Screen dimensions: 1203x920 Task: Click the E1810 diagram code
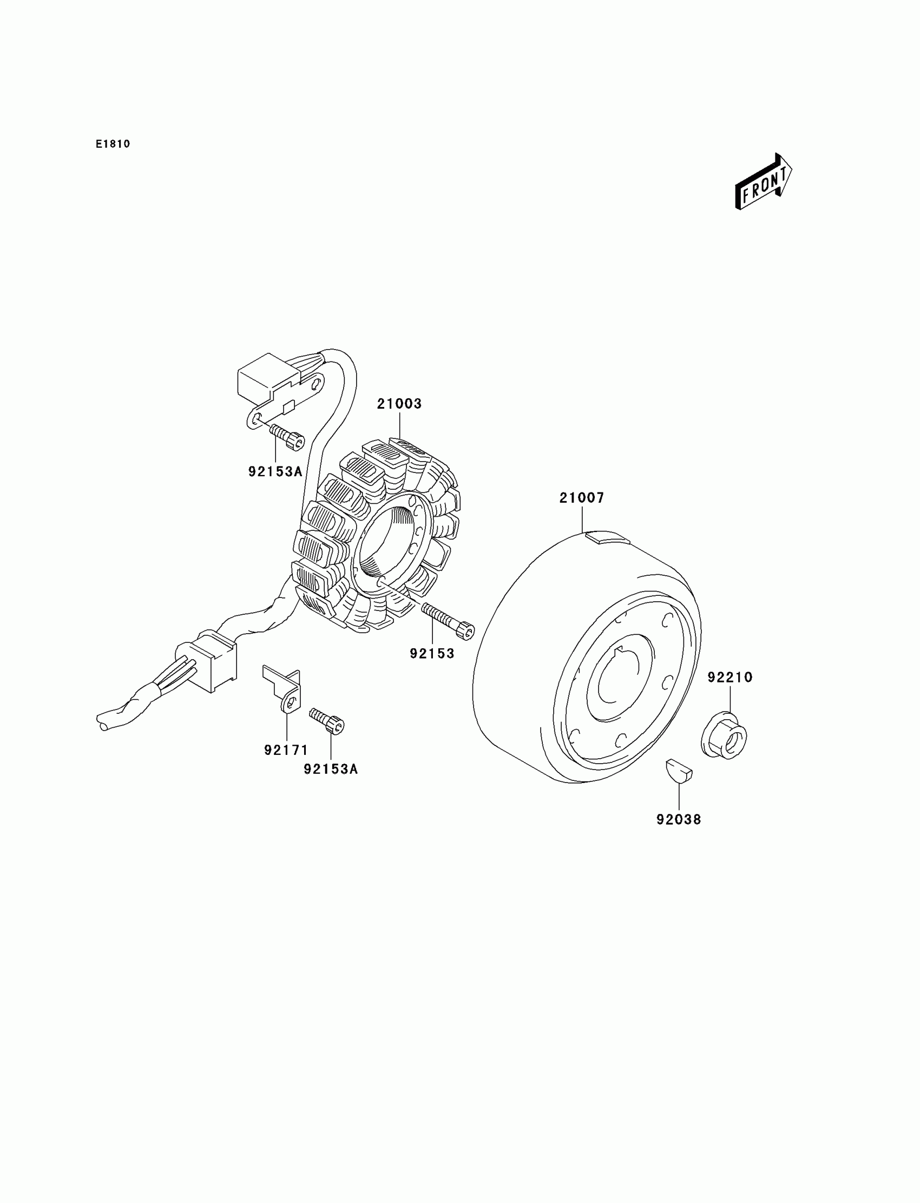pyautogui.click(x=113, y=144)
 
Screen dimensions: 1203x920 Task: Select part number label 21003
pyautogui.click(x=399, y=404)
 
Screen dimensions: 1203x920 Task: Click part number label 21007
pyautogui.click(x=582, y=498)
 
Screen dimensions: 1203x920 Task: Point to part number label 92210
pyautogui.click(x=730, y=678)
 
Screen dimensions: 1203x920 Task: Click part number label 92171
pyautogui.click(x=286, y=750)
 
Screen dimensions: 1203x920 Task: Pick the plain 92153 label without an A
pyautogui.click(x=432, y=653)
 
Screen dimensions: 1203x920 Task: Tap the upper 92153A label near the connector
pyautogui.click(x=275, y=471)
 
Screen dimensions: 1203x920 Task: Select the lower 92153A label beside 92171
pyautogui.click(x=331, y=770)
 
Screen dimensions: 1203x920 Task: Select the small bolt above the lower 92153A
pyautogui.click(x=327, y=720)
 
